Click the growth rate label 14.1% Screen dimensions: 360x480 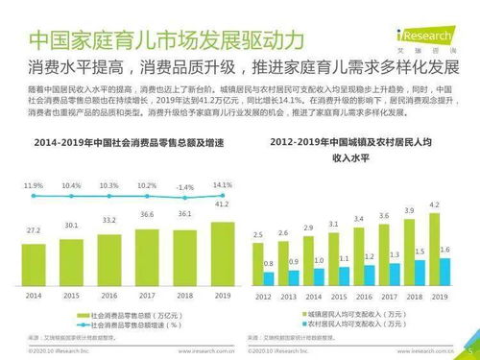[x=223, y=184]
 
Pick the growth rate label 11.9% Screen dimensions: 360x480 [x=34, y=184]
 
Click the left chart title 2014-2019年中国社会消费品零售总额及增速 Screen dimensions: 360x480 [x=123, y=143]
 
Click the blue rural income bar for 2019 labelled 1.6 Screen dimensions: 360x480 [x=444, y=271]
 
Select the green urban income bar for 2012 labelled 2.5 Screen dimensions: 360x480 [x=257, y=261]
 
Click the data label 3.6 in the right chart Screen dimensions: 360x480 [x=384, y=217]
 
